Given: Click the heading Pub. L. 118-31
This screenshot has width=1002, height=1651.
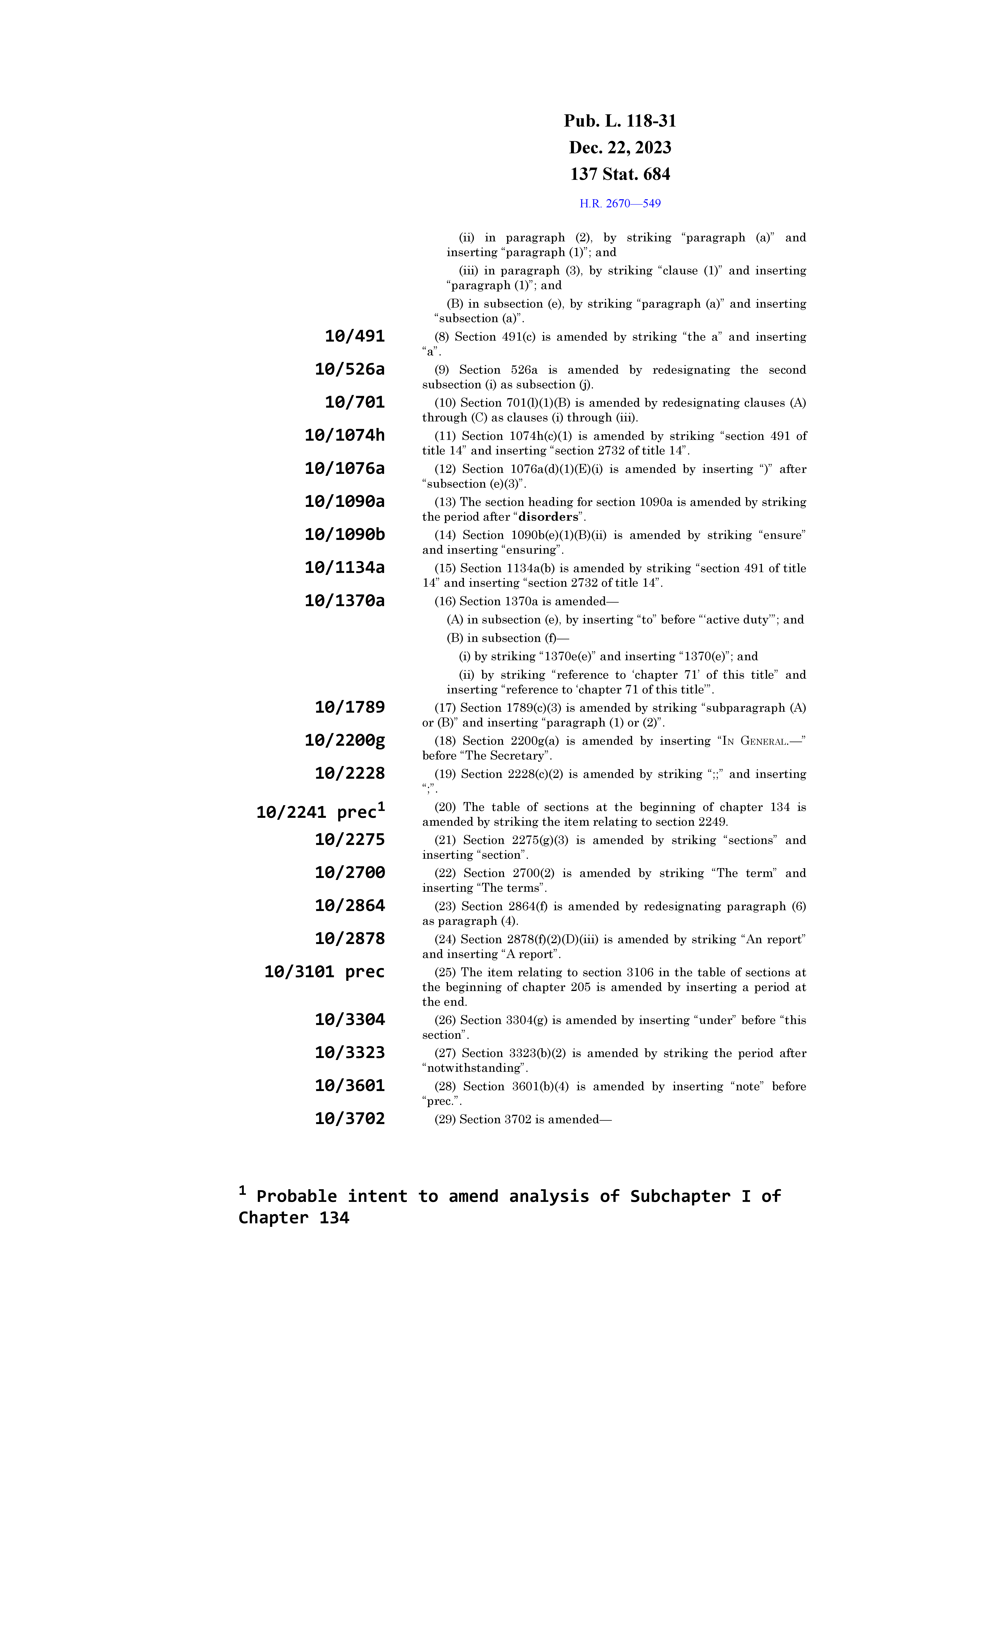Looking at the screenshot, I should click(619, 121).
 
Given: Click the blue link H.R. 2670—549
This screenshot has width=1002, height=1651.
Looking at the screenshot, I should click(619, 204).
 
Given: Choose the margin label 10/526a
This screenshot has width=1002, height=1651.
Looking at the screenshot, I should click(350, 369).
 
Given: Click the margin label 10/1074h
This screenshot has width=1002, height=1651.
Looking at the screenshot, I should click(344, 436).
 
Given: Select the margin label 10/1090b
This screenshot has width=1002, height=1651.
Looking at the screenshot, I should click(344, 535).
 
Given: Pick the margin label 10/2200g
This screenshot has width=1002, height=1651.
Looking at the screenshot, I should click(344, 740).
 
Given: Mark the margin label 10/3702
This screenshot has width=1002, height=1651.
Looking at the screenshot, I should click(350, 1119).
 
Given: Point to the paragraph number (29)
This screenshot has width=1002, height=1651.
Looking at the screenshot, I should click(445, 1120).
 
